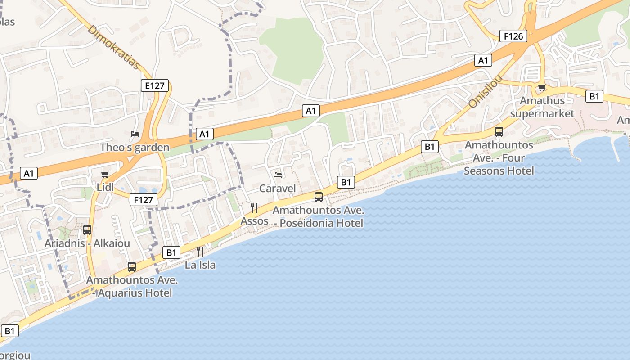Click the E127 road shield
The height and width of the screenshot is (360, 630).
(x=154, y=85)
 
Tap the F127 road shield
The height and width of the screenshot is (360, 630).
(x=144, y=200)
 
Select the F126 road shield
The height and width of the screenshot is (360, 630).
(x=513, y=36)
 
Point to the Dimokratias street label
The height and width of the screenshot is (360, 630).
(x=114, y=47)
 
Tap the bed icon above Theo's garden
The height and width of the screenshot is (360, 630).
(x=135, y=134)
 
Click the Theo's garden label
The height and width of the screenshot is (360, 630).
(x=135, y=147)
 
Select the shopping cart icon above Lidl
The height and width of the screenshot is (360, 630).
(x=105, y=174)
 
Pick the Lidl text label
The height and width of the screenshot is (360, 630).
(x=105, y=187)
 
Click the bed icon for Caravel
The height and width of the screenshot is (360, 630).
(x=278, y=175)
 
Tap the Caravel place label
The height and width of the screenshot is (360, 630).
(x=278, y=188)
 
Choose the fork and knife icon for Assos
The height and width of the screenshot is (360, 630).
(x=254, y=207)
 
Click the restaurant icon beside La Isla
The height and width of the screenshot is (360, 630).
(x=200, y=251)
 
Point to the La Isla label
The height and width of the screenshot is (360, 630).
(x=200, y=265)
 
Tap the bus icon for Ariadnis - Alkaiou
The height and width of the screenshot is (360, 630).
(x=87, y=230)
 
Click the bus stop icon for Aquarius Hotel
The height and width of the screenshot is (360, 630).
(x=132, y=266)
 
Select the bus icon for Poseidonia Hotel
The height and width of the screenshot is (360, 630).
(x=319, y=197)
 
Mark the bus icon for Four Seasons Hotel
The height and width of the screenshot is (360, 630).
(x=499, y=131)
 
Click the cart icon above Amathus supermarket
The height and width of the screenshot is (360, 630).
(x=542, y=87)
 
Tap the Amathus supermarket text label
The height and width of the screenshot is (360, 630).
(x=542, y=107)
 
